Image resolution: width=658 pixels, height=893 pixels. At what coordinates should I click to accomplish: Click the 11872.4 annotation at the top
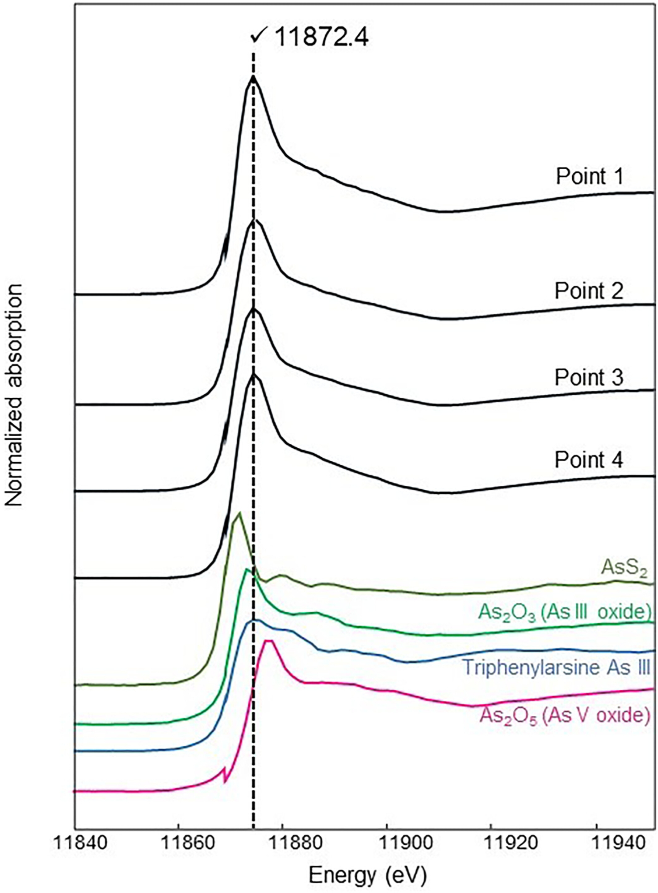coord(321,38)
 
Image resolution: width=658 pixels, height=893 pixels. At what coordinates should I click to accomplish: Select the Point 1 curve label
coord(589,176)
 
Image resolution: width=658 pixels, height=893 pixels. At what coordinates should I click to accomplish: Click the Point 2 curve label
coord(588,291)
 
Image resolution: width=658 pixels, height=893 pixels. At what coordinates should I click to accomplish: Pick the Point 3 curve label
coord(588,377)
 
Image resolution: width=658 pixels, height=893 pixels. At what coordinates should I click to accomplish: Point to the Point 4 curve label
coord(588,459)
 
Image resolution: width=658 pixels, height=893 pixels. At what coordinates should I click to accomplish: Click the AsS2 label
coord(624,568)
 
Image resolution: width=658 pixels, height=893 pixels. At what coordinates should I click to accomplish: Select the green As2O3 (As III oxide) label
coord(564,611)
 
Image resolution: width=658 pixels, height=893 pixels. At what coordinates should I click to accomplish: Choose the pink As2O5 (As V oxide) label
coord(564,715)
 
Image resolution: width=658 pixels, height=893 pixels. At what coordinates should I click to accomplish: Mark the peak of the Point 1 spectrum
coord(253,76)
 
